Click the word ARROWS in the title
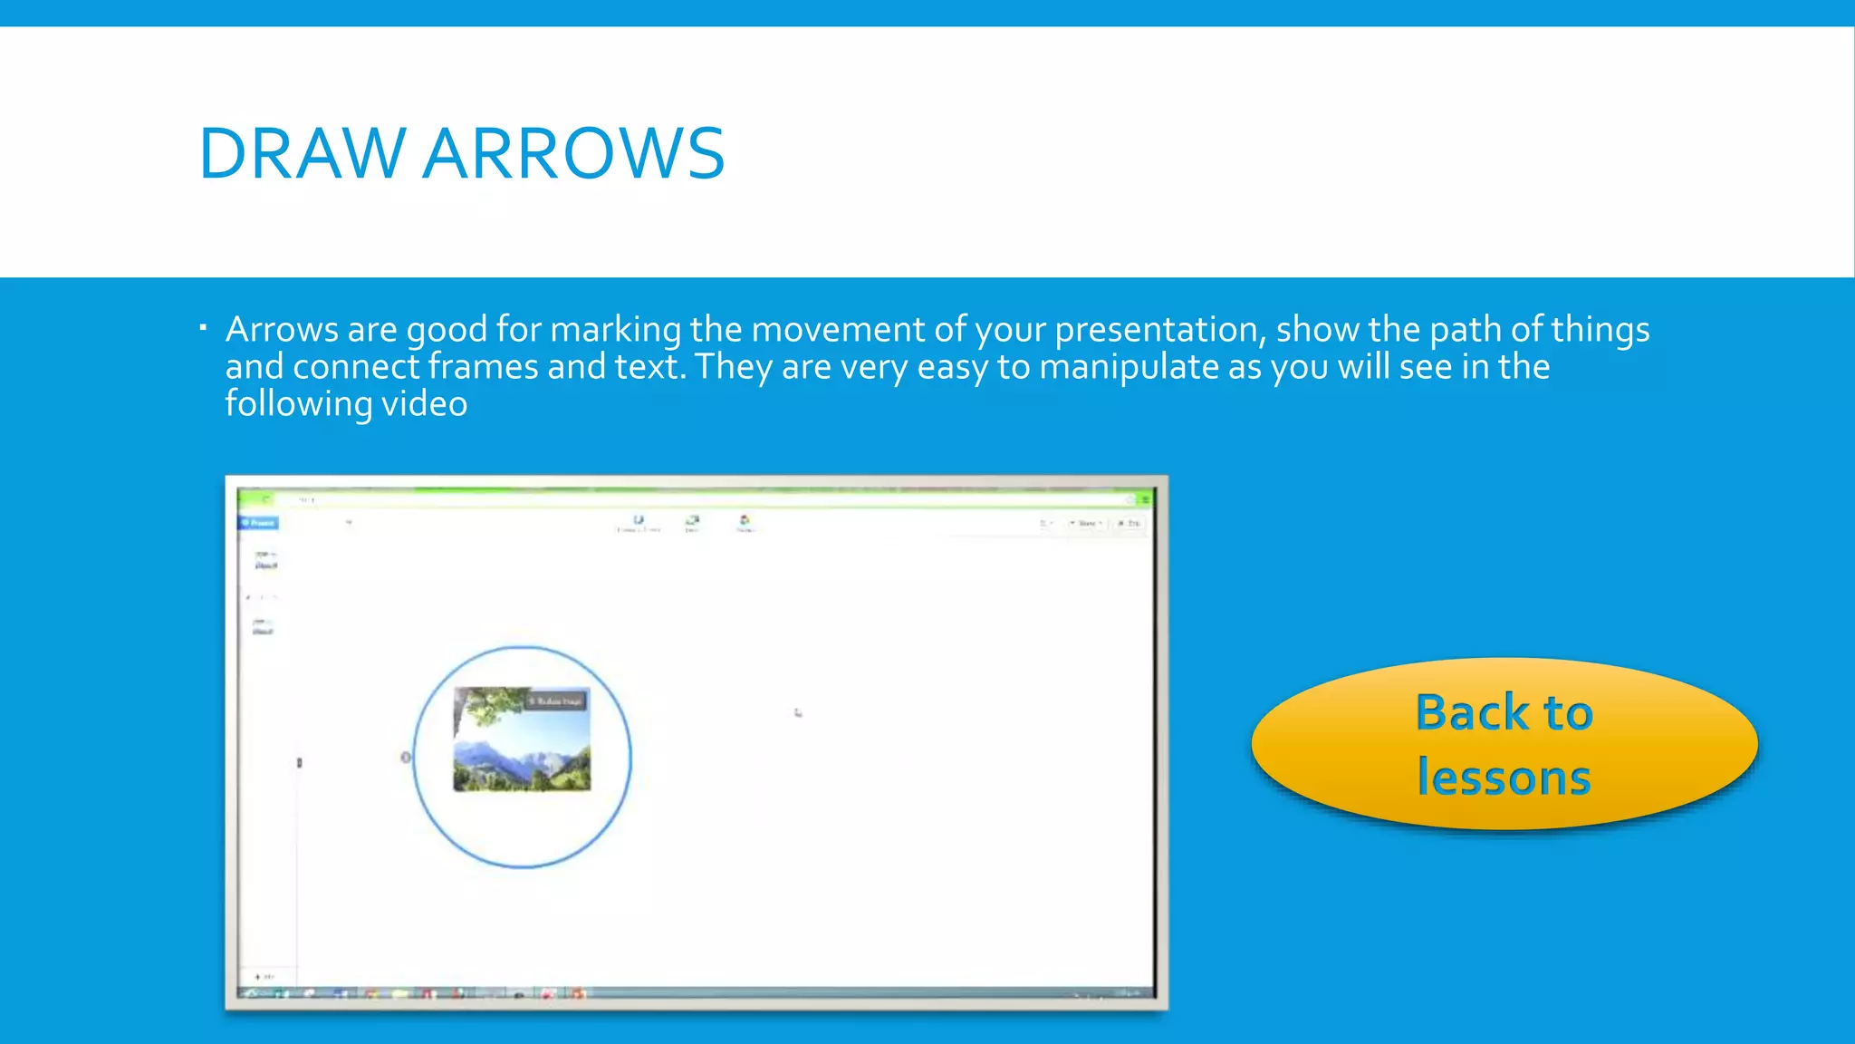coord(573,154)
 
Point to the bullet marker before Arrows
coord(204,327)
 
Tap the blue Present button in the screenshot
coord(259,523)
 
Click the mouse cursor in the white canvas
coord(798,713)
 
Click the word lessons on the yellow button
coord(1504,778)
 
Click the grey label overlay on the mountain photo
coord(557,701)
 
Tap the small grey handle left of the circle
coord(406,757)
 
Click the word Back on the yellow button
coord(1472,712)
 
